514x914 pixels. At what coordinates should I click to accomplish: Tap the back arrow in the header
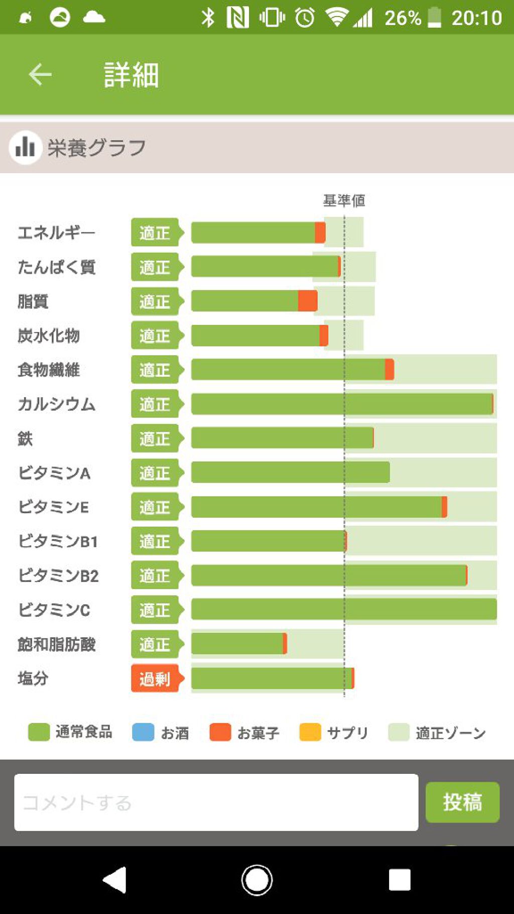tap(40, 75)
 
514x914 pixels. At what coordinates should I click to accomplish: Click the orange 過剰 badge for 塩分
tap(155, 678)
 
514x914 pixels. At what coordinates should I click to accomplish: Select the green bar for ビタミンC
tap(344, 610)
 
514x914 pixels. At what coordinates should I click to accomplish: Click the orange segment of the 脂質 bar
tap(307, 301)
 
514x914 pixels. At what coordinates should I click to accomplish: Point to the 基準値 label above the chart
tap(344, 201)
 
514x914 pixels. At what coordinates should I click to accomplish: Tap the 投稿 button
tap(462, 802)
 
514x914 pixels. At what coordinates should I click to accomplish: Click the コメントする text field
tap(216, 802)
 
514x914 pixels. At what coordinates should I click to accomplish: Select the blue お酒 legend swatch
tap(143, 732)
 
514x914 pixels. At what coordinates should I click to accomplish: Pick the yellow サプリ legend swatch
tap(310, 732)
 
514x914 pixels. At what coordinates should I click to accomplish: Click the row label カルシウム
tap(56, 404)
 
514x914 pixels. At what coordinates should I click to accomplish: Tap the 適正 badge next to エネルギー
tap(155, 233)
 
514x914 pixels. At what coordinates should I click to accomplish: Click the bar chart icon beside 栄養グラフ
tap(25, 147)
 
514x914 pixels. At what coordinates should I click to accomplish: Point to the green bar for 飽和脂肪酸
tap(237, 644)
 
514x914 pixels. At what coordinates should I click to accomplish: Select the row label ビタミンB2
tap(58, 576)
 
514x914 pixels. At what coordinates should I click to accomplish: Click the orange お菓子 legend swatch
tap(220, 732)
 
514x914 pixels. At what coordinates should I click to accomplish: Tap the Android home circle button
tap(257, 880)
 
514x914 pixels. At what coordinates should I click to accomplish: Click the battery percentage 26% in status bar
tap(403, 18)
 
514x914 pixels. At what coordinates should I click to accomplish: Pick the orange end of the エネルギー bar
tap(320, 233)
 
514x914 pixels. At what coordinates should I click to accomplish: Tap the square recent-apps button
tap(400, 880)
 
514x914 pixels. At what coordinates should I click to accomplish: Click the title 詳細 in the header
tap(132, 75)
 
